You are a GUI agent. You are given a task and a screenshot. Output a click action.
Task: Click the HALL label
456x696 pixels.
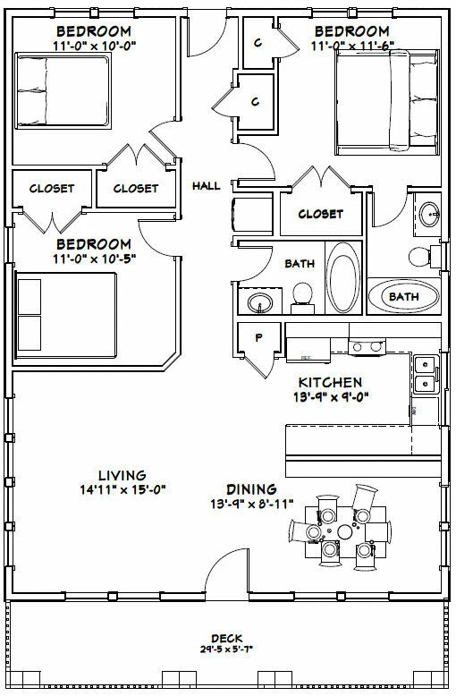[206, 187]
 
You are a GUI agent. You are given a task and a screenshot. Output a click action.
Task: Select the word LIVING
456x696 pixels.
[123, 474]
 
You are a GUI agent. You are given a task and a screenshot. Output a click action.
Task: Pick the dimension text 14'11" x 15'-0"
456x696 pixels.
[123, 489]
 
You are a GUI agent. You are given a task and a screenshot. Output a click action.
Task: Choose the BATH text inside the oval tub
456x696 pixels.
[402, 295]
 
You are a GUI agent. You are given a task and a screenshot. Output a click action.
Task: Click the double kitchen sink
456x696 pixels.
[426, 375]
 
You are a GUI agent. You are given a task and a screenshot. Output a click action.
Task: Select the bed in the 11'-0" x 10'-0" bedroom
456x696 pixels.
[50, 90]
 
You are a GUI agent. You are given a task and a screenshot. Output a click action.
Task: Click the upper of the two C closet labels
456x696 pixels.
[258, 43]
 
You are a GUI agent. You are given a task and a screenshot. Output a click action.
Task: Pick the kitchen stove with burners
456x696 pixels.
[367, 346]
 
